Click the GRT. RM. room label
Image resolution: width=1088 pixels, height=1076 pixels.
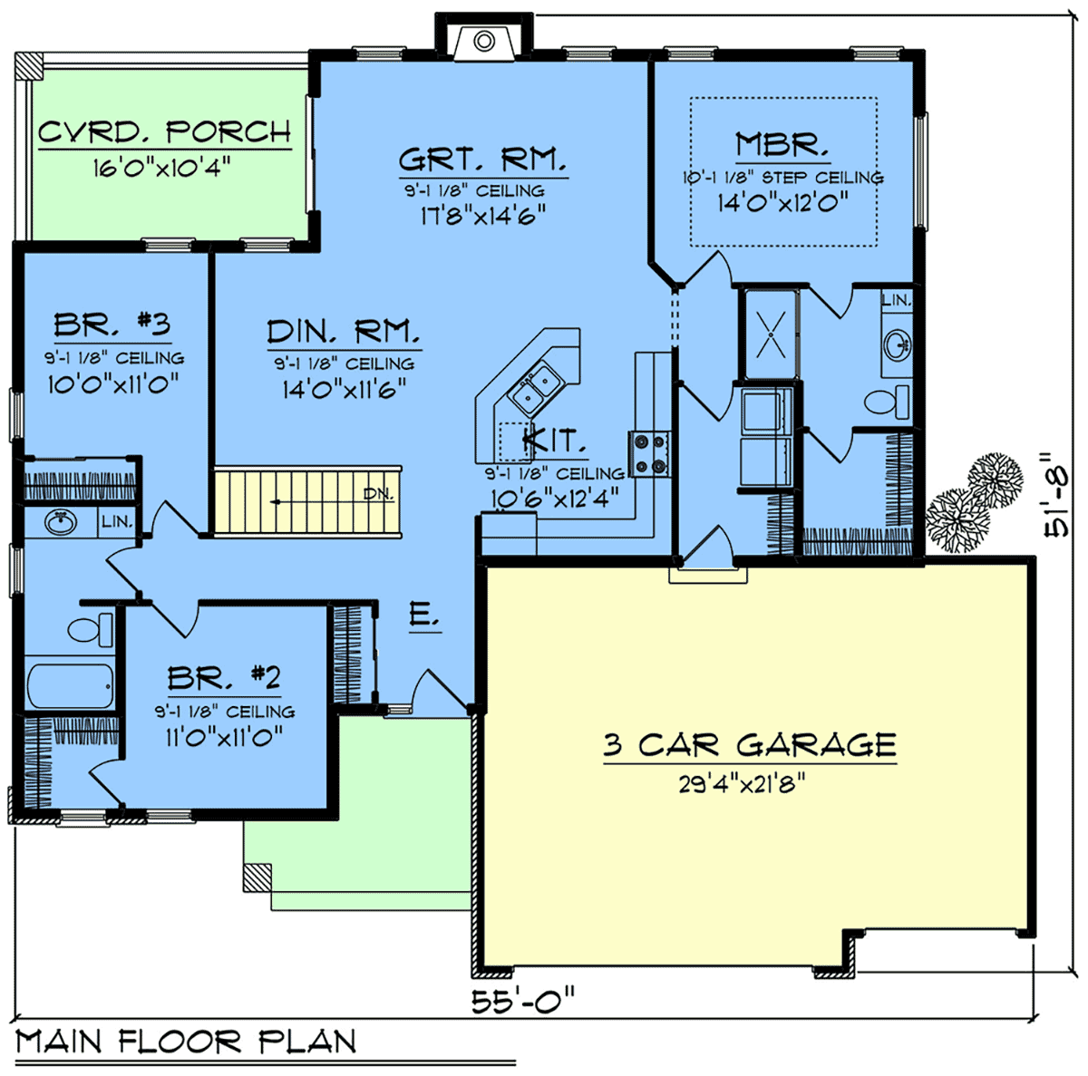coord(482,160)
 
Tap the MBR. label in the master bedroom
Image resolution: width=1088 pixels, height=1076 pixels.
coord(782,144)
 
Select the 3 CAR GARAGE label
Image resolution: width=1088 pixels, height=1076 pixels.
coord(749,744)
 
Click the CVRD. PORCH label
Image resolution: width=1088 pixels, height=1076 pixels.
coord(165,131)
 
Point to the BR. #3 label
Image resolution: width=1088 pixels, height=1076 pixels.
coord(112,325)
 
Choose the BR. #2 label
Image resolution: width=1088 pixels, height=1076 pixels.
coord(224,677)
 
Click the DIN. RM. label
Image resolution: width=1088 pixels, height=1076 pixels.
coord(344,331)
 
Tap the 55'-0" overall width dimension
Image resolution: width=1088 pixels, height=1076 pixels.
coord(523,1002)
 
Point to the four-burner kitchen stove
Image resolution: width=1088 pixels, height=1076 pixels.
coord(650,453)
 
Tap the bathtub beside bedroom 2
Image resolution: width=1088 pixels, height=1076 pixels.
coord(70,685)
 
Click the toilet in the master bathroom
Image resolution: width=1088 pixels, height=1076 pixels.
coord(887,402)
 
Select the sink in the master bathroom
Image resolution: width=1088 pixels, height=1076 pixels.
coord(897,345)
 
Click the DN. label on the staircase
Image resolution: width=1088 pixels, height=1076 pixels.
coord(378,494)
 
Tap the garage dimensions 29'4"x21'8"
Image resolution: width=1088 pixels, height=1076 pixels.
coord(742,784)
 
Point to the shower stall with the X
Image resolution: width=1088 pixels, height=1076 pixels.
coord(771,334)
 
